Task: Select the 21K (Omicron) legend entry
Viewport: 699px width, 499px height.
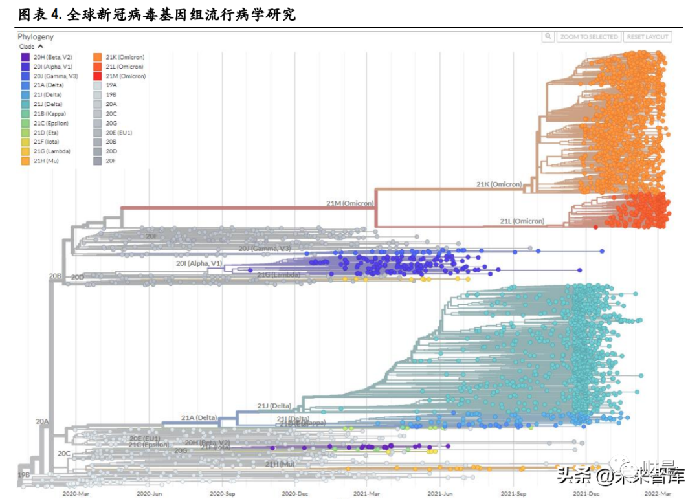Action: click(x=124, y=57)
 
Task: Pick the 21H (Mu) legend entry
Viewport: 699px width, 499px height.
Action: click(x=46, y=161)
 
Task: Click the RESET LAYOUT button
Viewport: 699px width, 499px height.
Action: click(x=648, y=37)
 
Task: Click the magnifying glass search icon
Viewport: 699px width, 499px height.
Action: click(x=548, y=37)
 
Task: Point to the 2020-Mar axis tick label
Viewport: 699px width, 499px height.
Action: click(x=76, y=494)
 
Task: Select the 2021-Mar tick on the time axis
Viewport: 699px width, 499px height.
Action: click(x=366, y=494)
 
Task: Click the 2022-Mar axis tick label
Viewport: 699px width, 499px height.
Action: click(x=658, y=494)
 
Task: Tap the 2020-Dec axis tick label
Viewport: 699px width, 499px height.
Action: click(x=294, y=494)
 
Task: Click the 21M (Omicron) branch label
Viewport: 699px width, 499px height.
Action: click(x=349, y=203)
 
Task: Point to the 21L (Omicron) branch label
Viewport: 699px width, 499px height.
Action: click(x=522, y=221)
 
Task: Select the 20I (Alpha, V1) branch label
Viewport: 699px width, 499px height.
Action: click(x=199, y=263)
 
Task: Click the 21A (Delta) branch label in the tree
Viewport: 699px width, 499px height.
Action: click(x=199, y=417)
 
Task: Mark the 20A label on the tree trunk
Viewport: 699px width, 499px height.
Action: click(x=42, y=421)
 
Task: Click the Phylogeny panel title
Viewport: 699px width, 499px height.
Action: click(x=36, y=37)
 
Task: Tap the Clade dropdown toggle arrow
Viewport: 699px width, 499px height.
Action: click(x=40, y=47)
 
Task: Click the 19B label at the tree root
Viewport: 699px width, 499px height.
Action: click(x=23, y=475)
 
